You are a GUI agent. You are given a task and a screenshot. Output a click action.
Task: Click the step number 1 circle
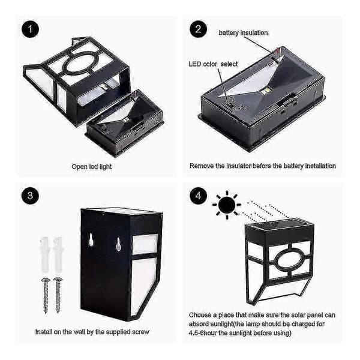click(x=30, y=29)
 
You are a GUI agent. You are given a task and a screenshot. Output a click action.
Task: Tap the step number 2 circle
click(x=198, y=29)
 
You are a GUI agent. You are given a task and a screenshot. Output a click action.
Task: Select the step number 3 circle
click(x=30, y=196)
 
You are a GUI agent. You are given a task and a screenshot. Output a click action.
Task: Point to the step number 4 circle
click(x=198, y=196)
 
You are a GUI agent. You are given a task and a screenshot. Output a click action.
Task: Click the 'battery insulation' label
click(x=243, y=33)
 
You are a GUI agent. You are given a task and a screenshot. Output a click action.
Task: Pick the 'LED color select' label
click(x=213, y=64)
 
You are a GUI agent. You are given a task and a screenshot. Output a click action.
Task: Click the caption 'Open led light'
click(x=92, y=166)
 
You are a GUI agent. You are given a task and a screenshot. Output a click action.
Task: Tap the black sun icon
click(x=227, y=205)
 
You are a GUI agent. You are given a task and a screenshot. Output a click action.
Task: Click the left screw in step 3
click(x=46, y=296)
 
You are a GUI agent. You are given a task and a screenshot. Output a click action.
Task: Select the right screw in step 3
click(x=58, y=295)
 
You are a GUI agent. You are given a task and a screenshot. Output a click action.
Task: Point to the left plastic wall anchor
click(x=45, y=254)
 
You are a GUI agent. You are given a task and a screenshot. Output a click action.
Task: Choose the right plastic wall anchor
click(x=58, y=254)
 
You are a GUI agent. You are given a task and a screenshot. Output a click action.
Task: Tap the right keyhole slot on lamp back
click(x=118, y=244)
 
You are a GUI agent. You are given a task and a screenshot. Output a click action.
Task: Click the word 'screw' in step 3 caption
click(x=140, y=332)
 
